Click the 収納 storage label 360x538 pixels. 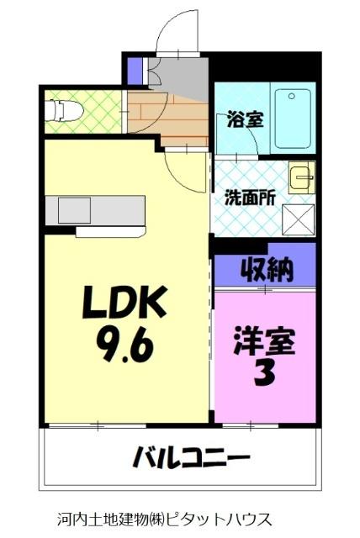coord(267,271)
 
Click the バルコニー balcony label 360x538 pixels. coord(190,459)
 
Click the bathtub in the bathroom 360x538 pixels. coord(293,118)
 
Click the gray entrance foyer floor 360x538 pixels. coord(178,77)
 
